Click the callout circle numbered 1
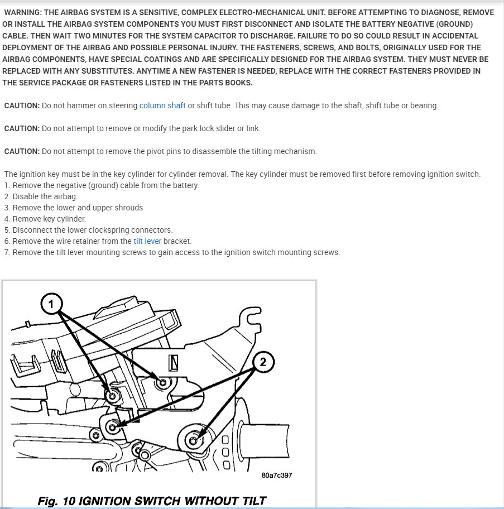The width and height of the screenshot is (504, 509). pyautogui.click(x=51, y=304)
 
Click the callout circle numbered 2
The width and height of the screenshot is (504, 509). pyautogui.click(x=263, y=362)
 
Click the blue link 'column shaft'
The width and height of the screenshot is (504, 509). pyautogui.click(x=162, y=105)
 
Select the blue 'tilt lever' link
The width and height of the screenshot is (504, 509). pyautogui.click(x=147, y=241)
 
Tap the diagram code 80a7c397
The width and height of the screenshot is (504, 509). pyautogui.click(x=276, y=476)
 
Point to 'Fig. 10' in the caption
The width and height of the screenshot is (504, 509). pyautogui.click(x=56, y=501)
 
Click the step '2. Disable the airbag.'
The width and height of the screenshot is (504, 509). pyautogui.click(x=41, y=196)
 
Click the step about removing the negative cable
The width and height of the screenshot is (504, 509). pyautogui.click(x=101, y=185)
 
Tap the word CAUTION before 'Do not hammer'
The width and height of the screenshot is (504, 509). pyautogui.click(x=22, y=105)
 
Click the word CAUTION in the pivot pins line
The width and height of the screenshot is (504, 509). pyautogui.click(x=22, y=151)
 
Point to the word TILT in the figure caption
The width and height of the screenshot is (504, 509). pyautogui.click(x=251, y=501)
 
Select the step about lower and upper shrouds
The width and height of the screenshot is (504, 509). pyautogui.click(x=73, y=208)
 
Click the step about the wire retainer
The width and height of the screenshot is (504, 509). pyautogui.click(x=102, y=241)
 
